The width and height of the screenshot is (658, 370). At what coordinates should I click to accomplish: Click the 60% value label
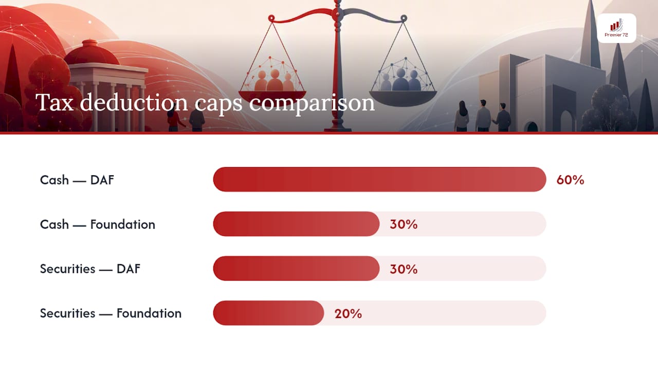tap(570, 180)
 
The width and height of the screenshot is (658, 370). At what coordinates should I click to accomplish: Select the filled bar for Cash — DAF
tap(379, 179)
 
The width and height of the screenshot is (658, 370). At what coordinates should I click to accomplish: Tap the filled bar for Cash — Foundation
tap(296, 224)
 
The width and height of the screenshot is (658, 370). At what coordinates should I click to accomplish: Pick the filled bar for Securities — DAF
tap(296, 268)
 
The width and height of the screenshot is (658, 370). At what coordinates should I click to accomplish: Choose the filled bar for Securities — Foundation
tap(268, 313)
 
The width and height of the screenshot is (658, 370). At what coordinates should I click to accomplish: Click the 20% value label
tap(348, 313)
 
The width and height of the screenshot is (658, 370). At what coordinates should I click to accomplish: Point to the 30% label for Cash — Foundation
tap(404, 225)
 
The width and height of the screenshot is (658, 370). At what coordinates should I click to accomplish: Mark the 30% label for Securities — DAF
tap(404, 269)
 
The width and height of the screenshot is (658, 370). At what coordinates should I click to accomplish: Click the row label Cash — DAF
tap(77, 180)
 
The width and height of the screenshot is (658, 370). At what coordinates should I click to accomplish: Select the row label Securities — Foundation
tap(111, 313)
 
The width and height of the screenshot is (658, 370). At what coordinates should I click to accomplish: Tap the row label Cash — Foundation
tap(98, 225)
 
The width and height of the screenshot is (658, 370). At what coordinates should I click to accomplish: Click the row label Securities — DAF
tap(90, 269)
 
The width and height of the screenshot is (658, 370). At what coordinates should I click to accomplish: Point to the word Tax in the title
tap(54, 102)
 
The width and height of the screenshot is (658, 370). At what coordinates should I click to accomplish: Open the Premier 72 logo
tap(616, 28)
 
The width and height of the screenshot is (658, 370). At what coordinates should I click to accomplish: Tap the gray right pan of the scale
tap(403, 98)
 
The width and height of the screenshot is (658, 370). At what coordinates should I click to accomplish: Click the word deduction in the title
tap(134, 102)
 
